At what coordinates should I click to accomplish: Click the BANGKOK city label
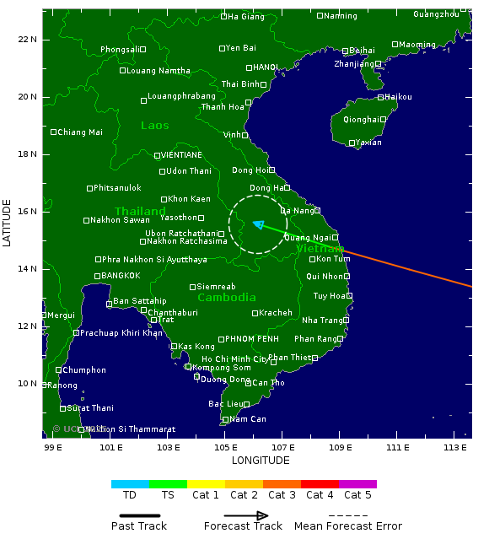coord(121,276)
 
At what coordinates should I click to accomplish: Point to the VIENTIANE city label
coord(181,155)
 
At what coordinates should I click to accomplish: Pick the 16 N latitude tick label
coord(28,211)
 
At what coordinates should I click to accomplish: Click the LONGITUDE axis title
coord(261,461)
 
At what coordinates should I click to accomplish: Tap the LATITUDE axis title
coord(7,223)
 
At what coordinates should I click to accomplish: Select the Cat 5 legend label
coord(357,495)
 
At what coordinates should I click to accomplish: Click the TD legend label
coord(130,495)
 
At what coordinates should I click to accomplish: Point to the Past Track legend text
coord(139,526)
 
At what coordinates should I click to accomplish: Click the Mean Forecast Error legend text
coord(348,526)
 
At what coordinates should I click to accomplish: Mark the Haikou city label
coord(399,97)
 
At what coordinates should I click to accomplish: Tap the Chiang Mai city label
coord(80,132)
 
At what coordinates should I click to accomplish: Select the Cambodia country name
coord(227,298)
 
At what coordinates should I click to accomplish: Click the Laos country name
coord(154,126)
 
